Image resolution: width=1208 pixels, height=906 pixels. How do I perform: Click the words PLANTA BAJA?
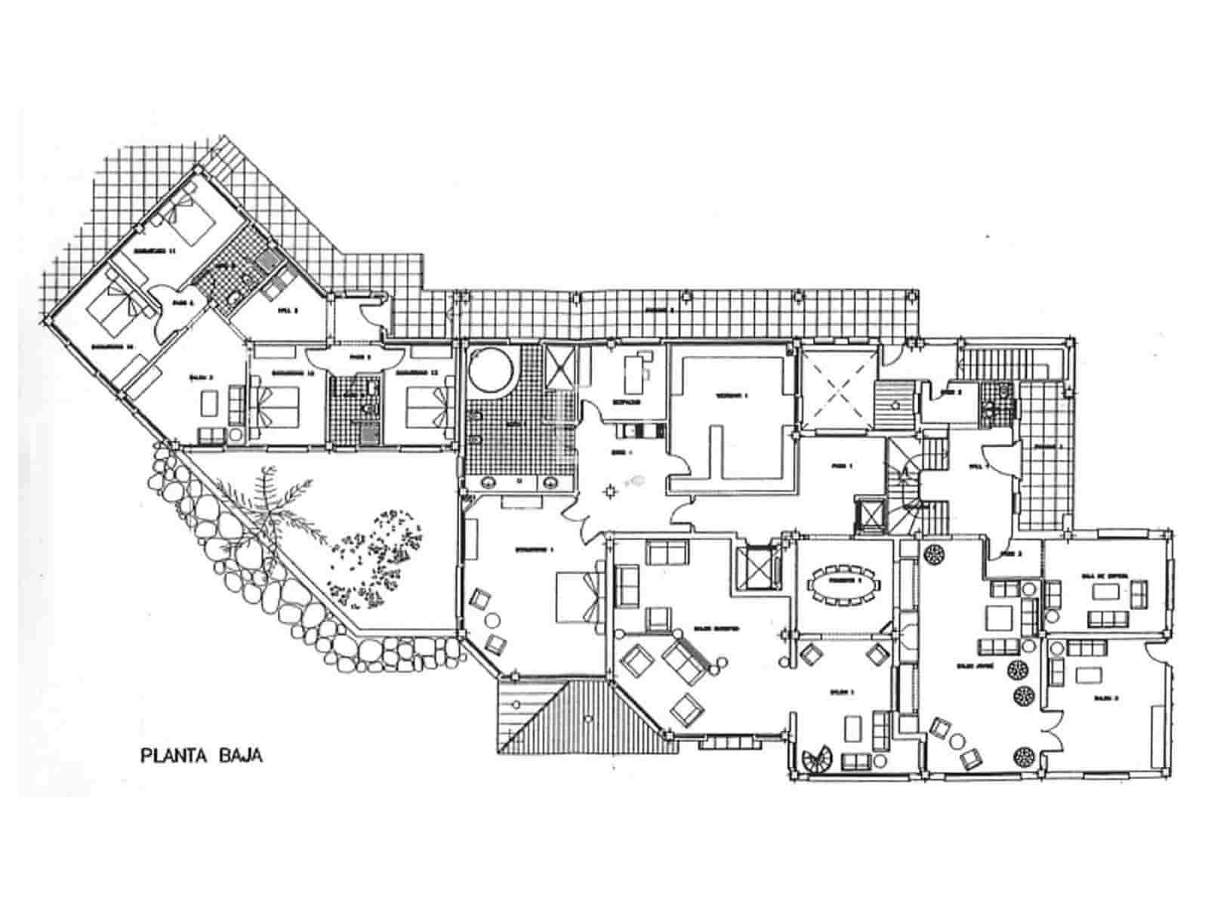202,755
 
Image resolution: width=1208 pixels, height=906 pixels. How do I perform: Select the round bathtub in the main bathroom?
492,369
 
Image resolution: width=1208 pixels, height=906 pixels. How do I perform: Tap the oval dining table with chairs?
845,584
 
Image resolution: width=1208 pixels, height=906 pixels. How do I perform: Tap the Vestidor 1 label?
731,396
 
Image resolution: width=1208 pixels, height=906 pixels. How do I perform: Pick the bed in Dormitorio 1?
580,597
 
